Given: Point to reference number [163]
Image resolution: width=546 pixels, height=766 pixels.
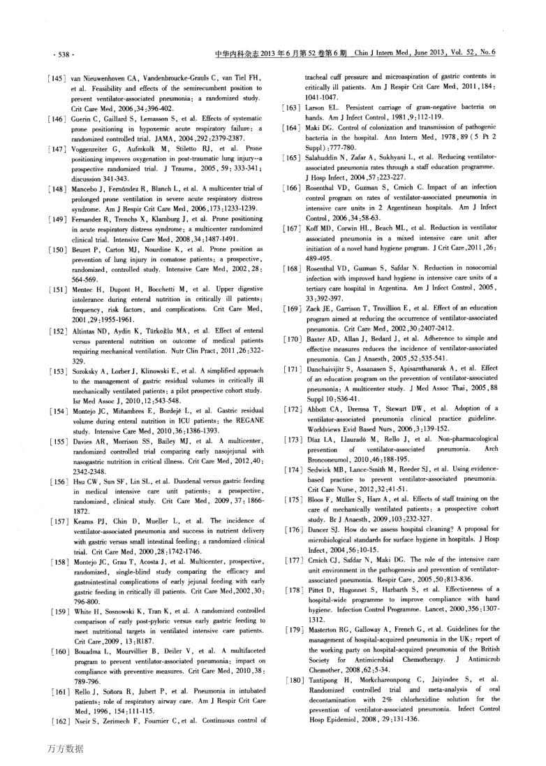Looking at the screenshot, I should pos(290,106).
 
